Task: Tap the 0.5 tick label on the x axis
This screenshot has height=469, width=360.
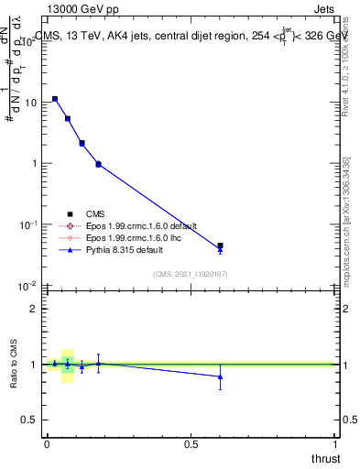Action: click(x=191, y=443)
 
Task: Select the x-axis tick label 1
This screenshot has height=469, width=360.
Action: click(x=335, y=443)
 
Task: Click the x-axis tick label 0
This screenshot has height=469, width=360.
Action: click(x=47, y=443)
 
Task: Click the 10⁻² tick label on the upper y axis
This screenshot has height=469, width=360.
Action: click(x=27, y=286)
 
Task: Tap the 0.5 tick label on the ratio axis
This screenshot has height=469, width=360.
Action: click(x=29, y=420)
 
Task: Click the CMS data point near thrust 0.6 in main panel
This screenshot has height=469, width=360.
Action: click(x=220, y=245)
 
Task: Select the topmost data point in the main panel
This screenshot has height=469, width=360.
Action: click(x=55, y=99)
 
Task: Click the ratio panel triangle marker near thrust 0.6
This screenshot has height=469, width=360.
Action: click(x=220, y=376)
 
